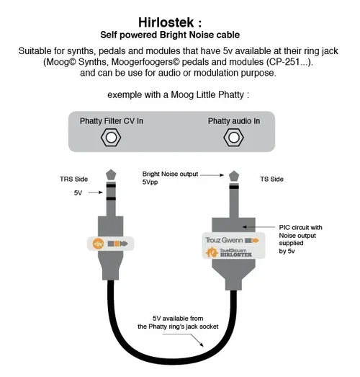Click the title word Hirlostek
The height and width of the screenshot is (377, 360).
click(166, 22)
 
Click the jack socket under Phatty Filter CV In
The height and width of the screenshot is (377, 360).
click(111, 138)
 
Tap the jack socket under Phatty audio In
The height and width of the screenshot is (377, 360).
click(233, 138)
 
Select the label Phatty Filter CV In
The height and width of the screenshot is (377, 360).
click(112, 121)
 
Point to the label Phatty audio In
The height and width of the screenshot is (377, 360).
click(234, 121)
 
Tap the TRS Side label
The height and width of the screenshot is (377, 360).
click(74, 179)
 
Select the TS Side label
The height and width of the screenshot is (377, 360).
click(271, 179)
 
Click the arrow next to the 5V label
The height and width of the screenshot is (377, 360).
click(96, 192)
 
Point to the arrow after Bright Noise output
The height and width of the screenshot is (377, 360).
click(212, 175)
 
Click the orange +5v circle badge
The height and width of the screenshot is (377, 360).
click(98, 244)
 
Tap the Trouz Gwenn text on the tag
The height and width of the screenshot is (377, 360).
click(224, 240)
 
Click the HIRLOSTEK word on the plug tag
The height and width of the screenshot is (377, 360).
click(236, 254)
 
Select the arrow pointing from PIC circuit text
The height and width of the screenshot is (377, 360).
click(258, 227)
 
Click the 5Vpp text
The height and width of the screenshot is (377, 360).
click(150, 182)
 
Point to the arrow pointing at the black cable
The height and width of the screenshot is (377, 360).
click(183, 340)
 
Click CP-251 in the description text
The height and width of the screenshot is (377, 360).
click(284, 62)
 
